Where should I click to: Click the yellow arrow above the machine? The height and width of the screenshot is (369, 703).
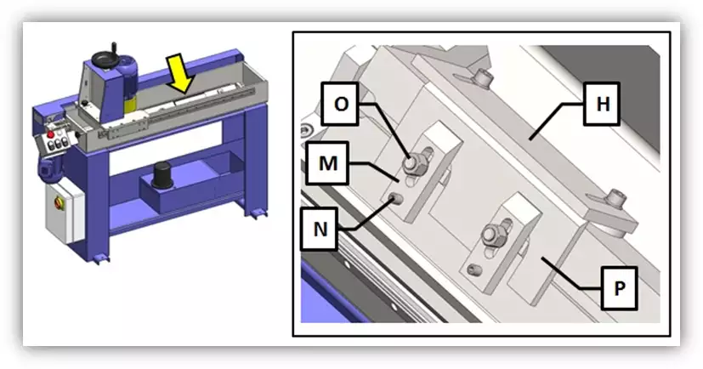coord(180,72)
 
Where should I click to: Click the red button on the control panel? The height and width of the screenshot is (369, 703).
coord(51,134)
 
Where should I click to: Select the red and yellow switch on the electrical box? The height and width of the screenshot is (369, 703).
coord(59,203)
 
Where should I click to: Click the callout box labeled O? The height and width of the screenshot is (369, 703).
coord(341,104)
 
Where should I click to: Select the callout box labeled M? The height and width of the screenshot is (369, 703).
coord(328,163)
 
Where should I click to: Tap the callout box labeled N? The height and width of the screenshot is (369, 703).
coord(320,229)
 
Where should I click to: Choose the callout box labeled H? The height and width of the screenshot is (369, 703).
coord(602,104)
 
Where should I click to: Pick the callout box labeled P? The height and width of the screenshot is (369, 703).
coord(619,288)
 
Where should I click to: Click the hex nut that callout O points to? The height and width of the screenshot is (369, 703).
coord(411,164)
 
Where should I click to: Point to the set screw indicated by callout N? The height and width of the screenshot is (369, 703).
coord(396,198)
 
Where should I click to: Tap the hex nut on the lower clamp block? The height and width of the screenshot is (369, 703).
coord(491,235)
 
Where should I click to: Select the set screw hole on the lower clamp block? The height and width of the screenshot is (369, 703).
coord(474,270)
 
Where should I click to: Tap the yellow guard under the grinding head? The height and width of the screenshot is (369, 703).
coord(130,105)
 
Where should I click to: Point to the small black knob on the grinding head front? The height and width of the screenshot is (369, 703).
coord(85,103)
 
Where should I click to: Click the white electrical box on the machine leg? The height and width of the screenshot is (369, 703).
coord(65,210)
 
